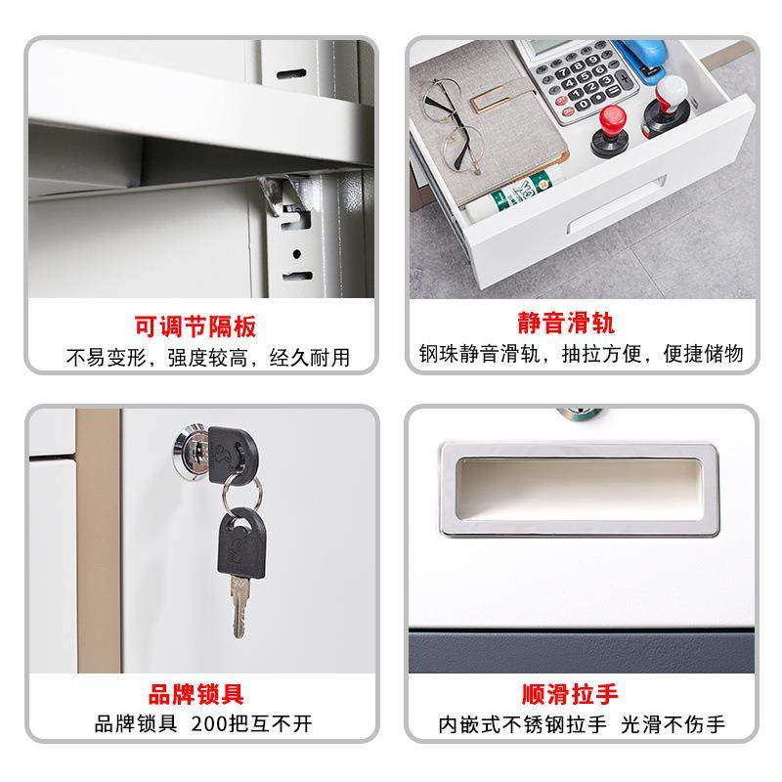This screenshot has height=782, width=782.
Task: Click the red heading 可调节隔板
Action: click(x=195, y=326)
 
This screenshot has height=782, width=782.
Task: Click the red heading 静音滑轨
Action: click(x=580, y=324)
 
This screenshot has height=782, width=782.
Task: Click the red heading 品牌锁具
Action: click(x=195, y=695)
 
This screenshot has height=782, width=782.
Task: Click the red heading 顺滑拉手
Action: click(x=580, y=695)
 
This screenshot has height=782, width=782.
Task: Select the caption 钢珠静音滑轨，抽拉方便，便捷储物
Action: click(x=582, y=354)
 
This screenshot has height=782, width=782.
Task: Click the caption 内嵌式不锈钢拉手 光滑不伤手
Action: click(x=582, y=725)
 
